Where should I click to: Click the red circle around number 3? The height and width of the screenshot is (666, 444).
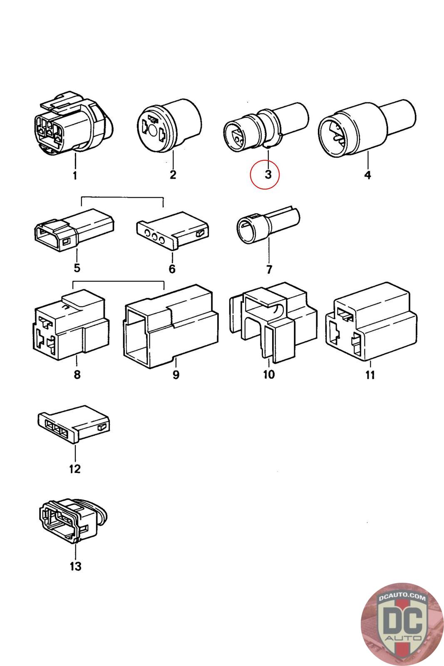click(x=265, y=174)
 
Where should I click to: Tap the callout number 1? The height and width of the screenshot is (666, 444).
click(x=75, y=175)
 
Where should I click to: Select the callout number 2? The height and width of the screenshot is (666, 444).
click(x=173, y=174)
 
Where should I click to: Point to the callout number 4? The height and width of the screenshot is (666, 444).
click(x=367, y=174)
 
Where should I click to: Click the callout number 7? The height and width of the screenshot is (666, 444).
click(x=269, y=269)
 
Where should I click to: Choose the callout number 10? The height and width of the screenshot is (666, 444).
click(x=269, y=374)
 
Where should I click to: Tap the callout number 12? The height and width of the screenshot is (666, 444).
click(x=75, y=469)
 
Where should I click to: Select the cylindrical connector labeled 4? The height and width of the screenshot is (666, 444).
click(x=367, y=128)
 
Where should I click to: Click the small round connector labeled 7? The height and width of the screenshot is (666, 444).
click(x=268, y=224)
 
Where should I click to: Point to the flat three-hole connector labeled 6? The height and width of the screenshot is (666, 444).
click(x=173, y=230)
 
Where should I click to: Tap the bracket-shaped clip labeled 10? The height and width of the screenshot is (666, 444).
click(x=273, y=322)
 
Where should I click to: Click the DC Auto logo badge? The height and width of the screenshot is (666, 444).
click(x=402, y=624)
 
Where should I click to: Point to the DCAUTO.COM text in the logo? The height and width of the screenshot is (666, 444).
click(x=402, y=597)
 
